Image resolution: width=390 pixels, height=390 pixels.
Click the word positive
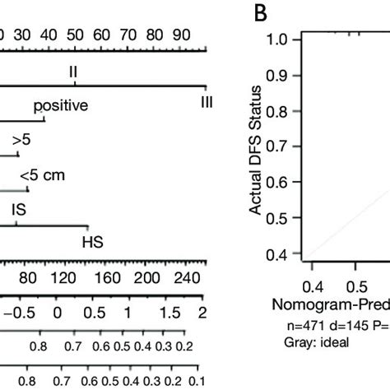tap(61, 106)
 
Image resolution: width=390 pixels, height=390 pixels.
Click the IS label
tap(19, 211)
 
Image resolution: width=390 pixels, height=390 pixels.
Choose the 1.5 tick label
tap(167, 313)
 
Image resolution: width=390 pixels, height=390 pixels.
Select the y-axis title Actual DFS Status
tap(256, 147)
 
